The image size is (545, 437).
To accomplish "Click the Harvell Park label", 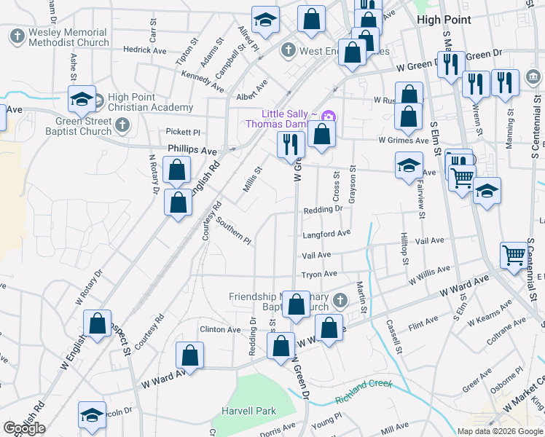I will point(248,412).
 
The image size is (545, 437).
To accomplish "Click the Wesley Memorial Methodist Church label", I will point(68,37).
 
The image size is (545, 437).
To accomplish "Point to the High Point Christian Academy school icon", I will point(82,98).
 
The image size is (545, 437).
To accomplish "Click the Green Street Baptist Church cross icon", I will point(122,126).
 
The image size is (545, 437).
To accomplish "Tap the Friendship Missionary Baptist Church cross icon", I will point(339,300).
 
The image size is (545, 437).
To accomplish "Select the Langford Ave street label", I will point(326,234).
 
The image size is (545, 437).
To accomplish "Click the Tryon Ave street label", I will point(319,275).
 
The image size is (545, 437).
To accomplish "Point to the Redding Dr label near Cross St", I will point(323,209).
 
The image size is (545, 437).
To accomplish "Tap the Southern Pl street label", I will point(233,232).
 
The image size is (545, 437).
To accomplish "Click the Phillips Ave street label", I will point(192,150).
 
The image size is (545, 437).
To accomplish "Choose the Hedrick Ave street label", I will point(145,50).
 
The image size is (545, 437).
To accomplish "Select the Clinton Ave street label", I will point(220,330).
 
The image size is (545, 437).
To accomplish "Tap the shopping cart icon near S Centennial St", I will point(514,254).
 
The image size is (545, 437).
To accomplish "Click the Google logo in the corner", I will point(25,428).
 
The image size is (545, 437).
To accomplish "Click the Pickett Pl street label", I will point(183,133).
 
